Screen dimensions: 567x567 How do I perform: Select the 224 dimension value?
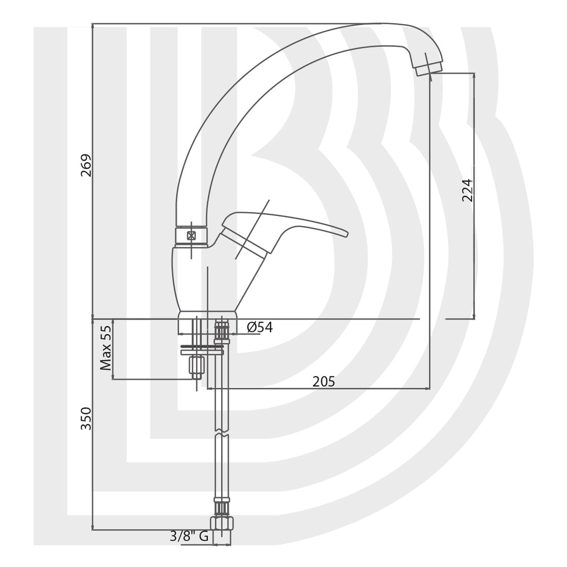(x=466, y=190)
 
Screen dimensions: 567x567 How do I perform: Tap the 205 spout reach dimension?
(x=324, y=381)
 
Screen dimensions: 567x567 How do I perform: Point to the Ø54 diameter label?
(x=260, y=327)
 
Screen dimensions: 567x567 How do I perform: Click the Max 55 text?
(x=106, y=348)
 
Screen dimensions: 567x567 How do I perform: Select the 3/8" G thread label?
(x=189, y=537)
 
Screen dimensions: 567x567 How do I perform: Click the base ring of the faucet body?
(x=207, y=315)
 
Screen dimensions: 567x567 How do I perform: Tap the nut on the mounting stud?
(x=197, y=365)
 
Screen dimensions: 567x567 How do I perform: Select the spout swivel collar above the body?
(x=192, y=236)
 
